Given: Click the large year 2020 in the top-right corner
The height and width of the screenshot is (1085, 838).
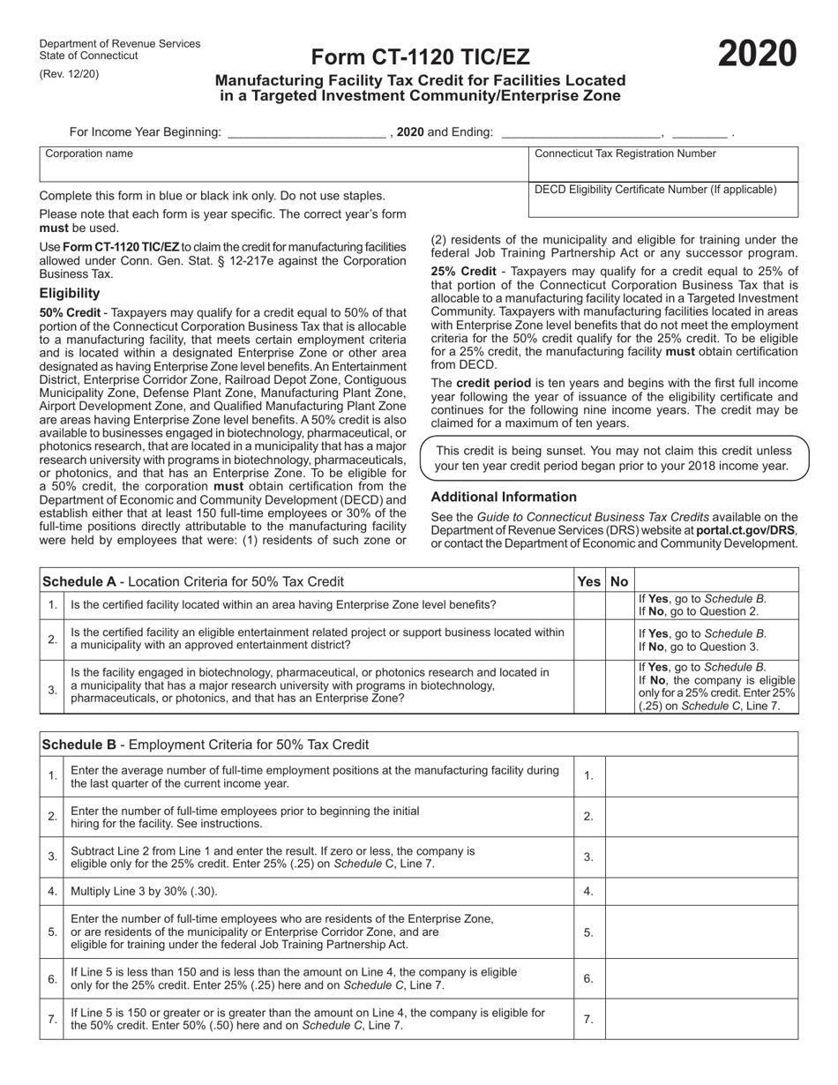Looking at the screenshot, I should [x=757, y=54].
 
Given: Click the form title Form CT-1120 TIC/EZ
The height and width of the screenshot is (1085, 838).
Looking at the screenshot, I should [x=421, y=57].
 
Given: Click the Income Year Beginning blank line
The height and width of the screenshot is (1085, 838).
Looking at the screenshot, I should [x=306, y=133].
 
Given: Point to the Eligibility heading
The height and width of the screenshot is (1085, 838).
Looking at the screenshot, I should [x=70, y=293].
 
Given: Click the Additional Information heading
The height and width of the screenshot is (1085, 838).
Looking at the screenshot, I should [x=504, y=497].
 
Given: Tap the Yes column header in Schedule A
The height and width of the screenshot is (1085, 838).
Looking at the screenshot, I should [x=587, y=581].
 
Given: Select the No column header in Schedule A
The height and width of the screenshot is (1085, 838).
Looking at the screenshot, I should [x=619, y=581].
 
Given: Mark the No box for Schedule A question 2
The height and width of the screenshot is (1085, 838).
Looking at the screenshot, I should [x=619, y=639].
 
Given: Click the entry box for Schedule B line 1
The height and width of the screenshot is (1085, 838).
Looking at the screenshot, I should [x=701, y=776].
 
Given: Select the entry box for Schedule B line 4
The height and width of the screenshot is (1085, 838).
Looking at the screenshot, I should [x=701, y=892].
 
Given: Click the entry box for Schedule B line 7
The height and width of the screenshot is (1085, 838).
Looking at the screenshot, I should [x=701, y=1019].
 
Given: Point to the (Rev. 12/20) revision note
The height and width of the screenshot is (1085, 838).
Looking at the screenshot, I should [x=70, y=74].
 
